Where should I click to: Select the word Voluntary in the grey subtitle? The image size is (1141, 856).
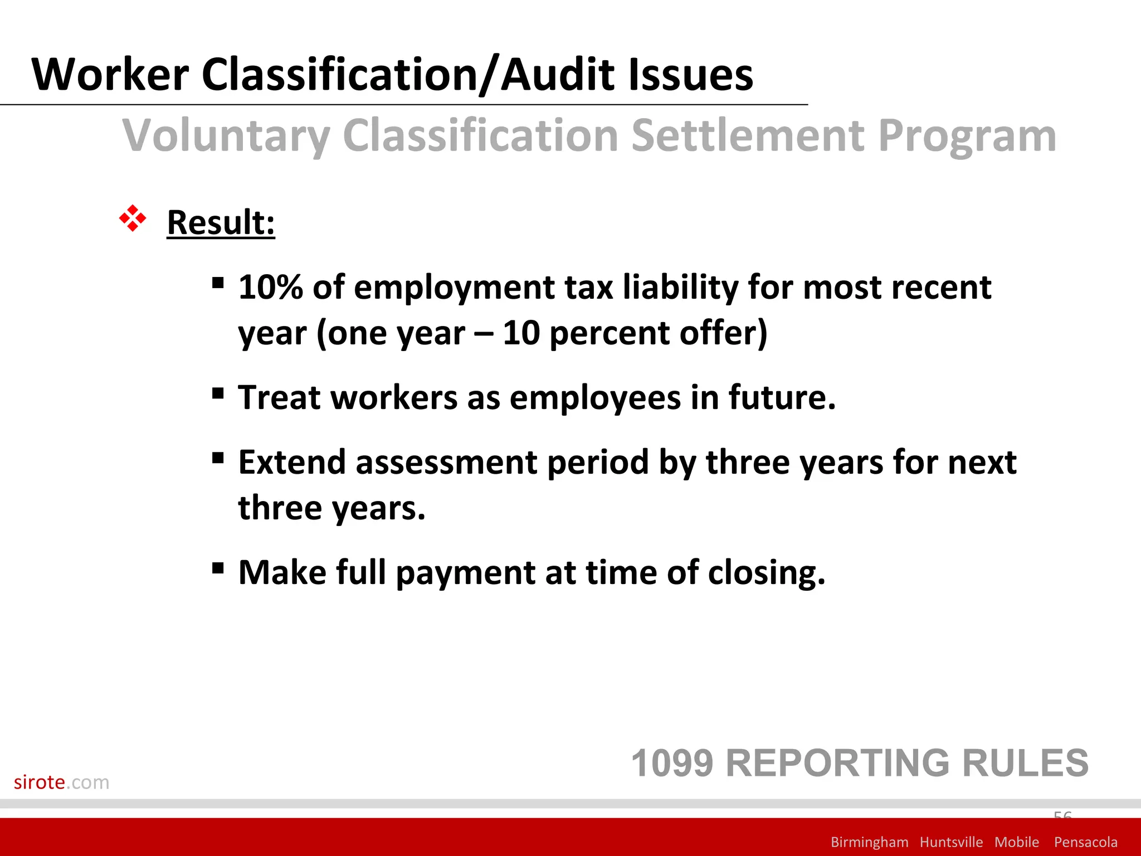click(x=226, y=135)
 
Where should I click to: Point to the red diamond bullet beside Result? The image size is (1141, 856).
click(x=133, y=218)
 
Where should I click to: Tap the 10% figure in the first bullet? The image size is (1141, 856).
click(x=270, y=287)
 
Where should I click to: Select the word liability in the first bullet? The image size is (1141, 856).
click(x=680, y=287)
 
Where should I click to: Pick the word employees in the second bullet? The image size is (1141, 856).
click(x=595, y=397)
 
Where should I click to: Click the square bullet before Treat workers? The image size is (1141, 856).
click(x=218, y=393)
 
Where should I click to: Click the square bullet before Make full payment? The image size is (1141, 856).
click(x=218, y=568)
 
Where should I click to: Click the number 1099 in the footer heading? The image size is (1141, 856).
click(x=672, y=763)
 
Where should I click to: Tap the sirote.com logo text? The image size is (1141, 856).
click(x=61, y=782)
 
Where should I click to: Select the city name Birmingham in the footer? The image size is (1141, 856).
click(x=869, y=842)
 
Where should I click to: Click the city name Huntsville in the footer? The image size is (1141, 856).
click(x=951, y=842)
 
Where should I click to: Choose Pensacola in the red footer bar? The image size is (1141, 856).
click(x=1085, y=842)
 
